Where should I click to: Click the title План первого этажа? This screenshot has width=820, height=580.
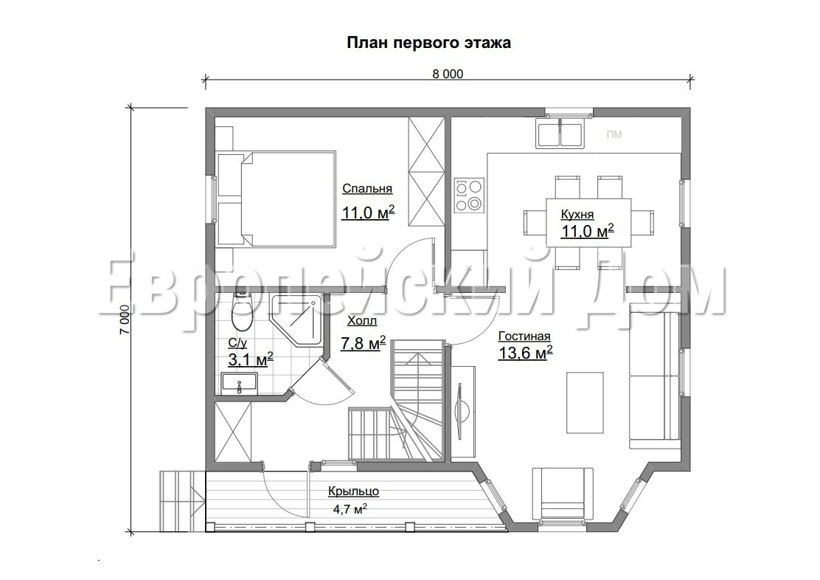coord(429,43)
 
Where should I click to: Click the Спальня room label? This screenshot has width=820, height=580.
coord(367,189)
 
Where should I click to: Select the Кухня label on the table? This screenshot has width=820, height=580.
coord(577,215)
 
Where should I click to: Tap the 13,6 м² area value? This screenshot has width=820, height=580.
coord(526,353)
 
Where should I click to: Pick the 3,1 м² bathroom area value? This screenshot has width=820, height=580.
coord(251,359)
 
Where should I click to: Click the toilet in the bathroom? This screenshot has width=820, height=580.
coord(241,313)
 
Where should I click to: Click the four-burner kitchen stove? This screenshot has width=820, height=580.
coord(468,195)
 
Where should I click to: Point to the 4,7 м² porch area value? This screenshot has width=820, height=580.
coord(350,508)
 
